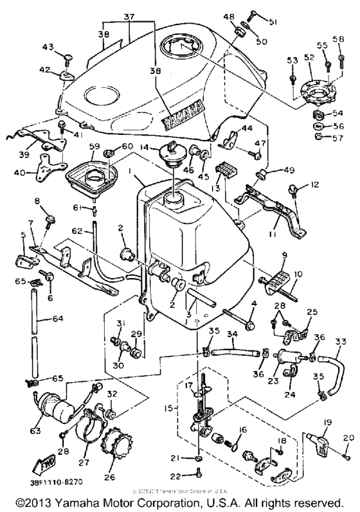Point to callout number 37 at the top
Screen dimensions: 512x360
tap(129, 17)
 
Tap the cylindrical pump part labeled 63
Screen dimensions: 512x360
tap(52, 405)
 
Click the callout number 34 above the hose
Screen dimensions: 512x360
tap(233, 333)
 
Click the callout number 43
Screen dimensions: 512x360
tap(46, 47)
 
